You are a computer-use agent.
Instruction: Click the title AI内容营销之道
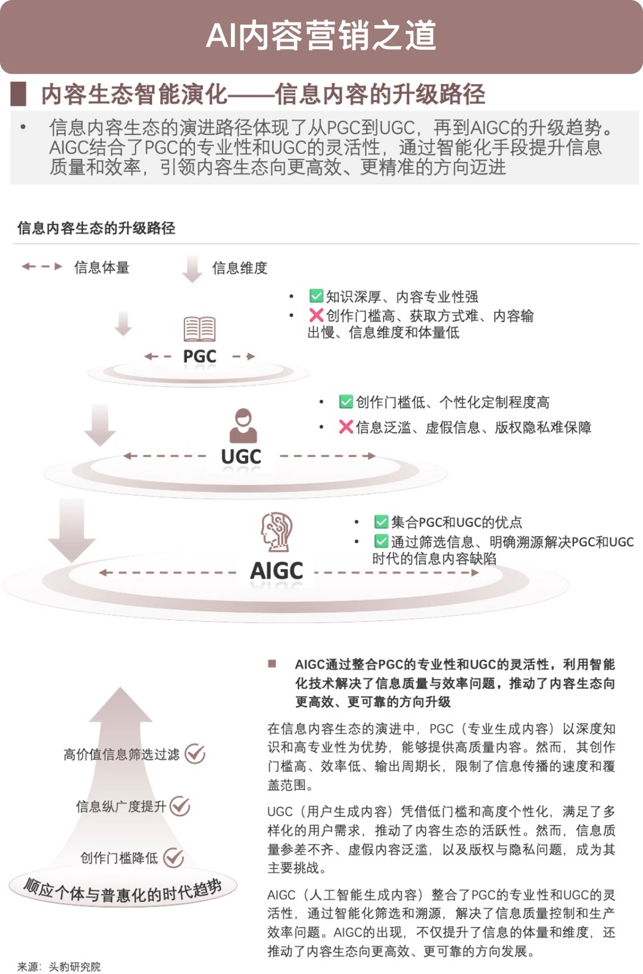(x=321, y=36)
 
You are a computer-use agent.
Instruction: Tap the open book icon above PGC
(x=199, y=329)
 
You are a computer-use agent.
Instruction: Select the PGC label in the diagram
(x=200, y=357)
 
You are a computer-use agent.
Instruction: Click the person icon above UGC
(x=244, y=426)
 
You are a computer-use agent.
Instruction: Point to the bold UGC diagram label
(x=241, y=456)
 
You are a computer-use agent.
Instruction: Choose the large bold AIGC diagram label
(x=277, y=571)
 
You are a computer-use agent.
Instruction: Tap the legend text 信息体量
(x=102, y=267)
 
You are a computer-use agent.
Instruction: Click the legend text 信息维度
(x=240, y=268)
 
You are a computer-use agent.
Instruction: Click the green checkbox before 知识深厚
(x=316, y=295)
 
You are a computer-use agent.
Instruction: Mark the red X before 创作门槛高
(x=316, y=315)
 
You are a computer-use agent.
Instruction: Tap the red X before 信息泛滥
(x=346, y=427)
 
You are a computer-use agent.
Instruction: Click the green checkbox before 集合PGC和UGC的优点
(x=381, y=521)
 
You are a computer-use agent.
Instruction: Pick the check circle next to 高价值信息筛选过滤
(x=195, y=754)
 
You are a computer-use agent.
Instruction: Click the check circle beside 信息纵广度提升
(x=179, y=806)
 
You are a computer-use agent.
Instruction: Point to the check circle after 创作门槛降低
(x=173, y=857)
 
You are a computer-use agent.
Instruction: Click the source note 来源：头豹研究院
(x=59, y=966)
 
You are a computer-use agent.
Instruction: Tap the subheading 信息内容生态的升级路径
(x=96, y=228)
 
